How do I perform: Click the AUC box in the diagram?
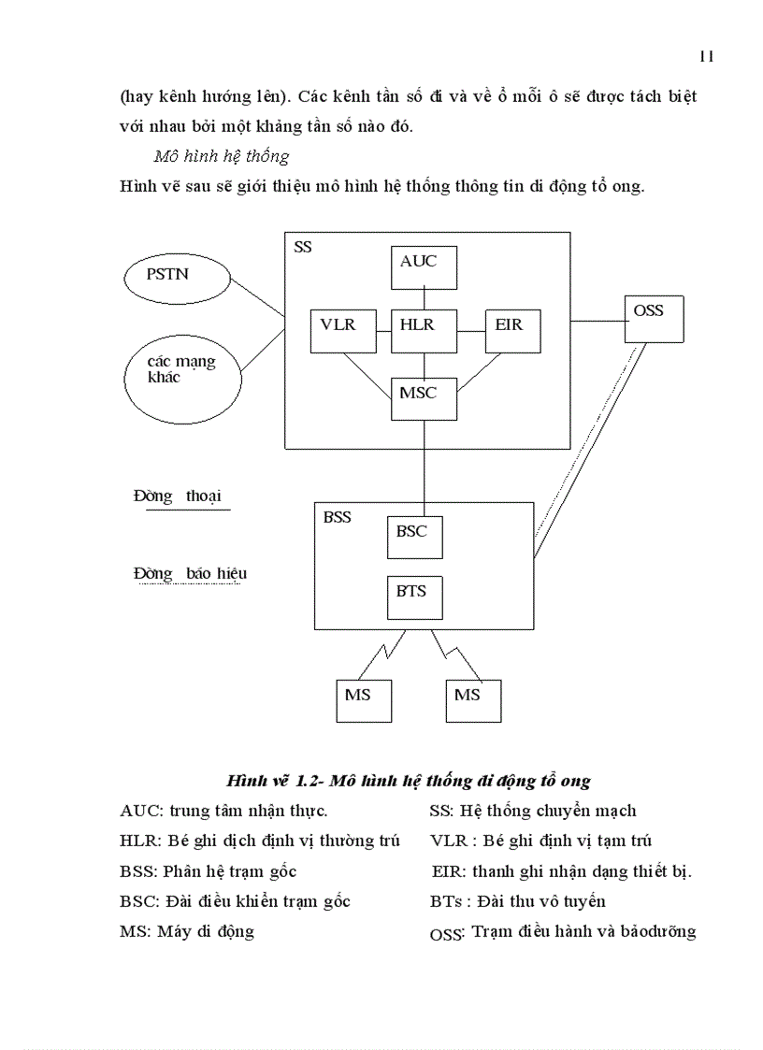[x=425, y=267]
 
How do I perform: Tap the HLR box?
[x=425, y=330]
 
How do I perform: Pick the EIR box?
[x=512, y=330]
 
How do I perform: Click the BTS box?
[x=414, y=597]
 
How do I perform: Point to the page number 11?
[x=706, y=56]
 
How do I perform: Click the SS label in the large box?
[x=303, y=248]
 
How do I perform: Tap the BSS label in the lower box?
[x=338, y=517]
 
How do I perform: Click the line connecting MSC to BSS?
[x=425, y=463]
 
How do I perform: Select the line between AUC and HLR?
[x=425, y=298]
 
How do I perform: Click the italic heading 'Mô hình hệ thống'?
[x=222, y=156]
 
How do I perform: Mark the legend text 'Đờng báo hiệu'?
[x=190, y=573]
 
